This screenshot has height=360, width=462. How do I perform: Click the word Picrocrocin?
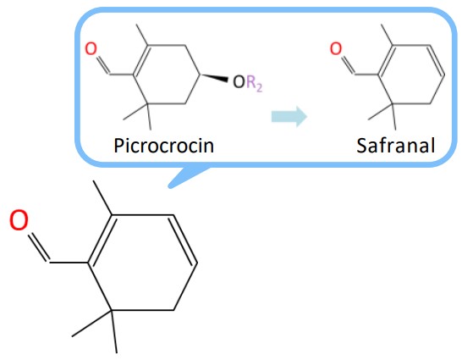click(163, 146)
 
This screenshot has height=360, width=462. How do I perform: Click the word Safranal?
click(396, 146)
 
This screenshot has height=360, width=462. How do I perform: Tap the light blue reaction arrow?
click(289, 117)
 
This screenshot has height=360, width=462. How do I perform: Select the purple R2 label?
click(254, 84)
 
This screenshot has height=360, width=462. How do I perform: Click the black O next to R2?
click(239, 82)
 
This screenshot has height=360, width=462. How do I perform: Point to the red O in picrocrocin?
click(91, 48)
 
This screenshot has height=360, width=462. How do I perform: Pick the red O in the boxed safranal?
click(336, 48)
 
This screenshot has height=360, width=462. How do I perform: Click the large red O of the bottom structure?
click(19, 220)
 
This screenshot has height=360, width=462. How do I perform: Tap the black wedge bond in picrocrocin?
click(213, 77)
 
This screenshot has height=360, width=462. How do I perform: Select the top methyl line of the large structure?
click(102, 198)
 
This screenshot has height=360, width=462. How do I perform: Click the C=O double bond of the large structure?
click(38, 247)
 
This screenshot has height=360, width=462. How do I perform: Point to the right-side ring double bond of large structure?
click(184, 239)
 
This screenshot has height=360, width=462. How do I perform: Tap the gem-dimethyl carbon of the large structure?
click(112, 310)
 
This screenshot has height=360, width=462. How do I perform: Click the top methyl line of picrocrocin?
click(141, 35)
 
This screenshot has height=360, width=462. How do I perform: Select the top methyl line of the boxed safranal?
click(387, 35)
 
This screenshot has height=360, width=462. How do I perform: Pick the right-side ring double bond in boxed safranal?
click(436, 60)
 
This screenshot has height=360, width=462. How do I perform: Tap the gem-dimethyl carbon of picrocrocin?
click(148, 104)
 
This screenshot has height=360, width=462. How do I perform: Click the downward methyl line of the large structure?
click(114, 332)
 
